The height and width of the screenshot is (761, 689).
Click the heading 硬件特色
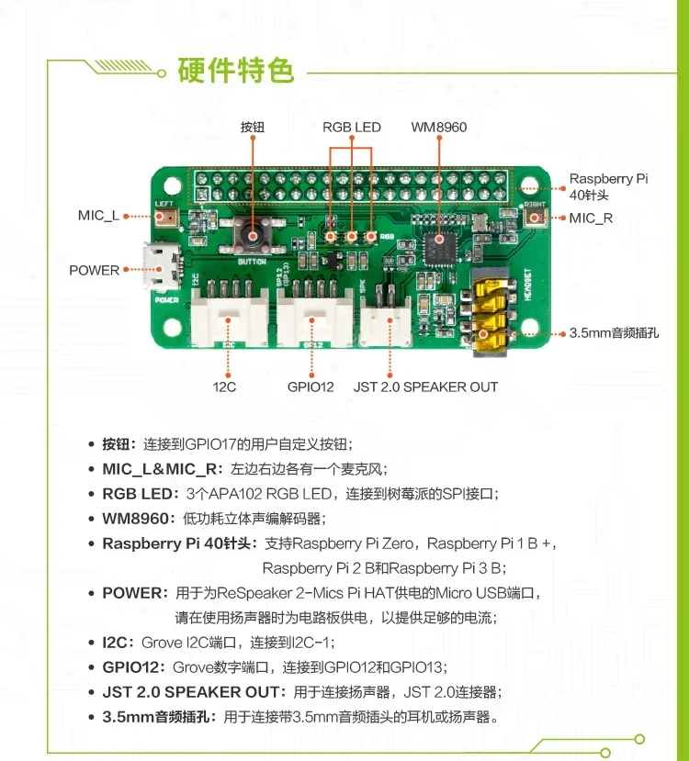click(x=235, y=70)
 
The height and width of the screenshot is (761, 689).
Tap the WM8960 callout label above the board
click(x=438, y=128)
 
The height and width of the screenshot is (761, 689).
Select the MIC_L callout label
click(x=98, y=216)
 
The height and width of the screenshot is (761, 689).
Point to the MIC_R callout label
click(x=590, y=218)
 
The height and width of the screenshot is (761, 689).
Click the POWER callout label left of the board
click(x=95, y=270)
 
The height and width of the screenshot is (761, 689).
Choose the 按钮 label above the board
click(x=252, y=128)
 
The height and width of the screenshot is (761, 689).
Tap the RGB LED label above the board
click(x=351, y=128)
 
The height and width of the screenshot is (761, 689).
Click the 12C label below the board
click(x=224, y=386)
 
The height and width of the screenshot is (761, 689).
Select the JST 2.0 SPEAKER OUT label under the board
click(x=425, y=386)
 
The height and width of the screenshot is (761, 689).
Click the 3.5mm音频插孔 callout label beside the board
click(x=615, y=333)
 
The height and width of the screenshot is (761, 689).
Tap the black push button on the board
click(x=251, y=238)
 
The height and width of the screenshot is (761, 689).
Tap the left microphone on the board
click(x=167, y=217)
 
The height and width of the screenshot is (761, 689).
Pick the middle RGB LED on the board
click(x=351, y=237)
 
